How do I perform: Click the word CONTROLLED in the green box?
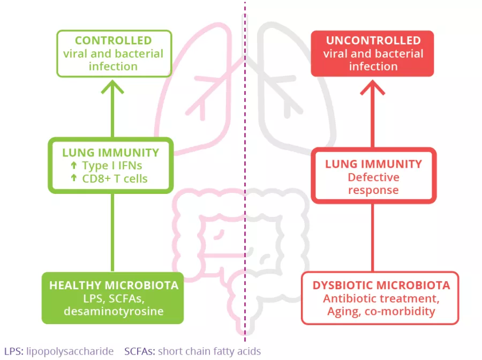(113, 41)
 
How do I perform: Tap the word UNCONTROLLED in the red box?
(373, 41)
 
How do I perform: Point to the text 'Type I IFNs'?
(112, 166)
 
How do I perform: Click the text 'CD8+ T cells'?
(115, 178)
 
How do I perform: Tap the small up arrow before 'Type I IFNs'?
(74, 166)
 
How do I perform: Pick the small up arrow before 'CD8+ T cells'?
(74, 178)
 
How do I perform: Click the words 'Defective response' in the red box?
(373, 183)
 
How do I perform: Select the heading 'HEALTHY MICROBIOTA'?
(113, 286)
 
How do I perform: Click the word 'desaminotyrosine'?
(113, 311)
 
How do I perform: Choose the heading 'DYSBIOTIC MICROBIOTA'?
(381, 285)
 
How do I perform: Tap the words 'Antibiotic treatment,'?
(381, 298)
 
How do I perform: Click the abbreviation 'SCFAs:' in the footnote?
(139, 351)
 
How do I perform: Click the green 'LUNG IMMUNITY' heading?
(111, 153)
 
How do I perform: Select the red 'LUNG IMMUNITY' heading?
(373, 164)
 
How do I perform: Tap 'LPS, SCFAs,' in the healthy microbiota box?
(113, 298)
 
